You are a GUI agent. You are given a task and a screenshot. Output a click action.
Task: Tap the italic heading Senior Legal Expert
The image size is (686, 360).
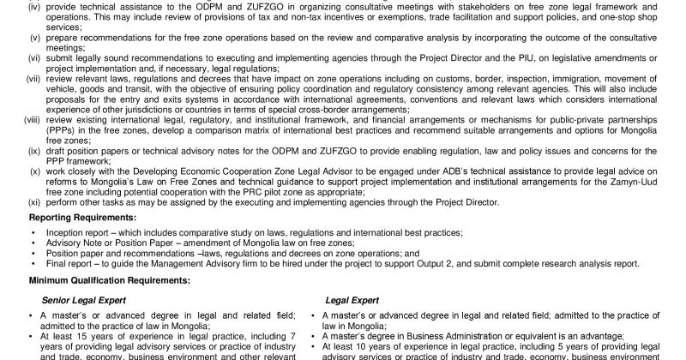(x=83, y=300)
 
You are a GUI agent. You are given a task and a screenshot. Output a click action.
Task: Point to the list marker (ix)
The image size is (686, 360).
(x=34, y=150)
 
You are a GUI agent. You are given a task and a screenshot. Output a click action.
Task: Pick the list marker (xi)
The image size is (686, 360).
(x=34, y=202)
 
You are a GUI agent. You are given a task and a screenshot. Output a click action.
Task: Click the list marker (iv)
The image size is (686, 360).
(x=34, y=6)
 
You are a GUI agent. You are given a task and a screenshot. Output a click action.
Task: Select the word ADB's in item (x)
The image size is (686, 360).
(x=456, y=171)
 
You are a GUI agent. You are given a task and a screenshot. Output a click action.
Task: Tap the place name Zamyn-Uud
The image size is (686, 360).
(x=645, y=182)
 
